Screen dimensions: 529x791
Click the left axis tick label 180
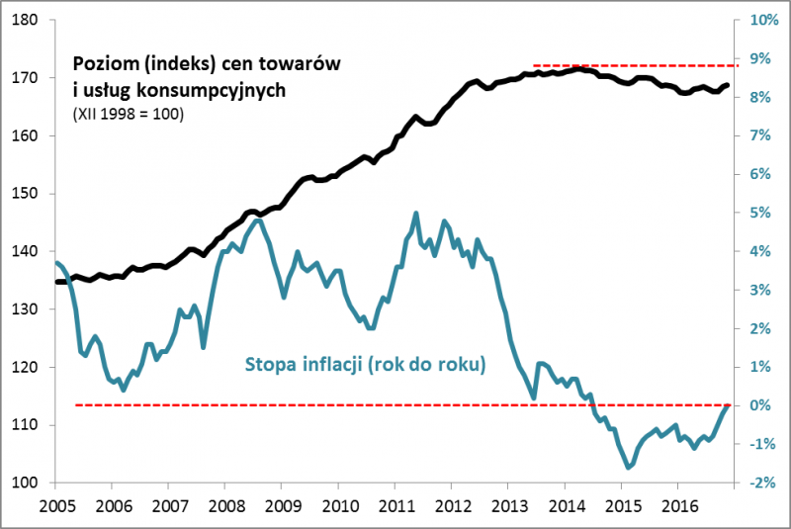click(x=26, y=20)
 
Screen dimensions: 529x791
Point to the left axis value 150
click(x=26, y=194)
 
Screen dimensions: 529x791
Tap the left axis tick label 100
click(x=26, y=483)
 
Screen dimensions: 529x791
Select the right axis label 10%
click(x=764, y=20)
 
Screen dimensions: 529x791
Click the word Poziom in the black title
click(x=104, y=64)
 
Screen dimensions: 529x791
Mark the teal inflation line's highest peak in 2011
click(x=415, y=213)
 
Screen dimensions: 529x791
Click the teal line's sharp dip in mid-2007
click(x=204, y=346)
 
